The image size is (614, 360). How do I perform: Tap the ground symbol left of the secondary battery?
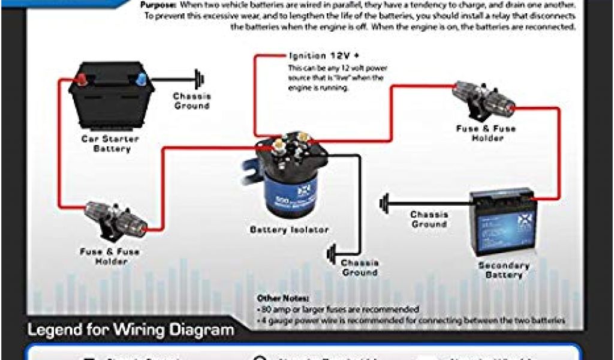tap(383, 203)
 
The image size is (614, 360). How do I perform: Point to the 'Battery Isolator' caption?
tap(288, 230)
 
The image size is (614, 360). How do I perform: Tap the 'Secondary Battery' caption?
tap(504, 270)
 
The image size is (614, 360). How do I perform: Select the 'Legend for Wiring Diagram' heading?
tap(131, 330)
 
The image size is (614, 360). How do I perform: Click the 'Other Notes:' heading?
tap(283, 298)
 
